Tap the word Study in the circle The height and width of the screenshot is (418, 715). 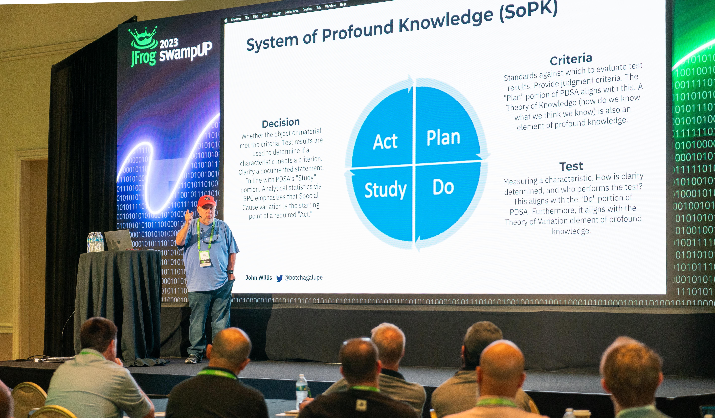(x=385, y=190)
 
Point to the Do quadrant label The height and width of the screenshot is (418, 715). (x=443, y=187)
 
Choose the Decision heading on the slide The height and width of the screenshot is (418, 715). (x=281, y=123)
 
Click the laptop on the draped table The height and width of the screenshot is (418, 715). (x=119, y=241)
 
